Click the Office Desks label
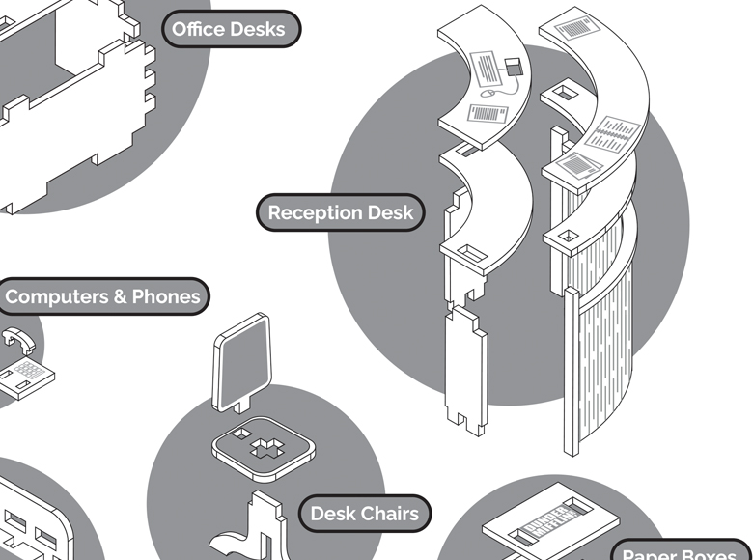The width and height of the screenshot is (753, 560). pyautogui.click(x=229, y=29)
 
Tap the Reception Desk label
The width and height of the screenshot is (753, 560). pyautogui.click(x=340, y=212)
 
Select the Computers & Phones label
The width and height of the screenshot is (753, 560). pyautogui.click(x=103, y=296)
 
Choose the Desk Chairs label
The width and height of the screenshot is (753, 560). pyautogui.click(x=364, y=514)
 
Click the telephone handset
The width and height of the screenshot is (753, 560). pyautogui.click(x=20, y=342)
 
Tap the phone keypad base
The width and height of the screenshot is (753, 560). pyautogui.click(x=26, y=376)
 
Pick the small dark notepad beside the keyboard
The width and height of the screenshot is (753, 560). pyautogui.click(x=513, y=67)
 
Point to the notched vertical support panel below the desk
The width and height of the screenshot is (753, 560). pyautogui.click(x=465, y=362)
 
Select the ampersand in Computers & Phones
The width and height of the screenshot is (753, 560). pyautogui.click(x=121, y=296)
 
